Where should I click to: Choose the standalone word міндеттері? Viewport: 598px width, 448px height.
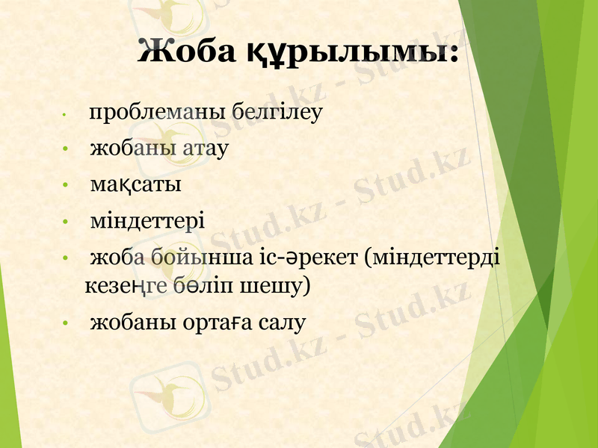coord(147,221)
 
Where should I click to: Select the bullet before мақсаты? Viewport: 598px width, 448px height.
coord(66,185)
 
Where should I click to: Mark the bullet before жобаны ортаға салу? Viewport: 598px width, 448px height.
coord(66,324)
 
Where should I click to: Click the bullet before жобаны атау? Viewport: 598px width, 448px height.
coord(66,149)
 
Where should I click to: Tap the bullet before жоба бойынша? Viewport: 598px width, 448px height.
coord(66,260)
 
